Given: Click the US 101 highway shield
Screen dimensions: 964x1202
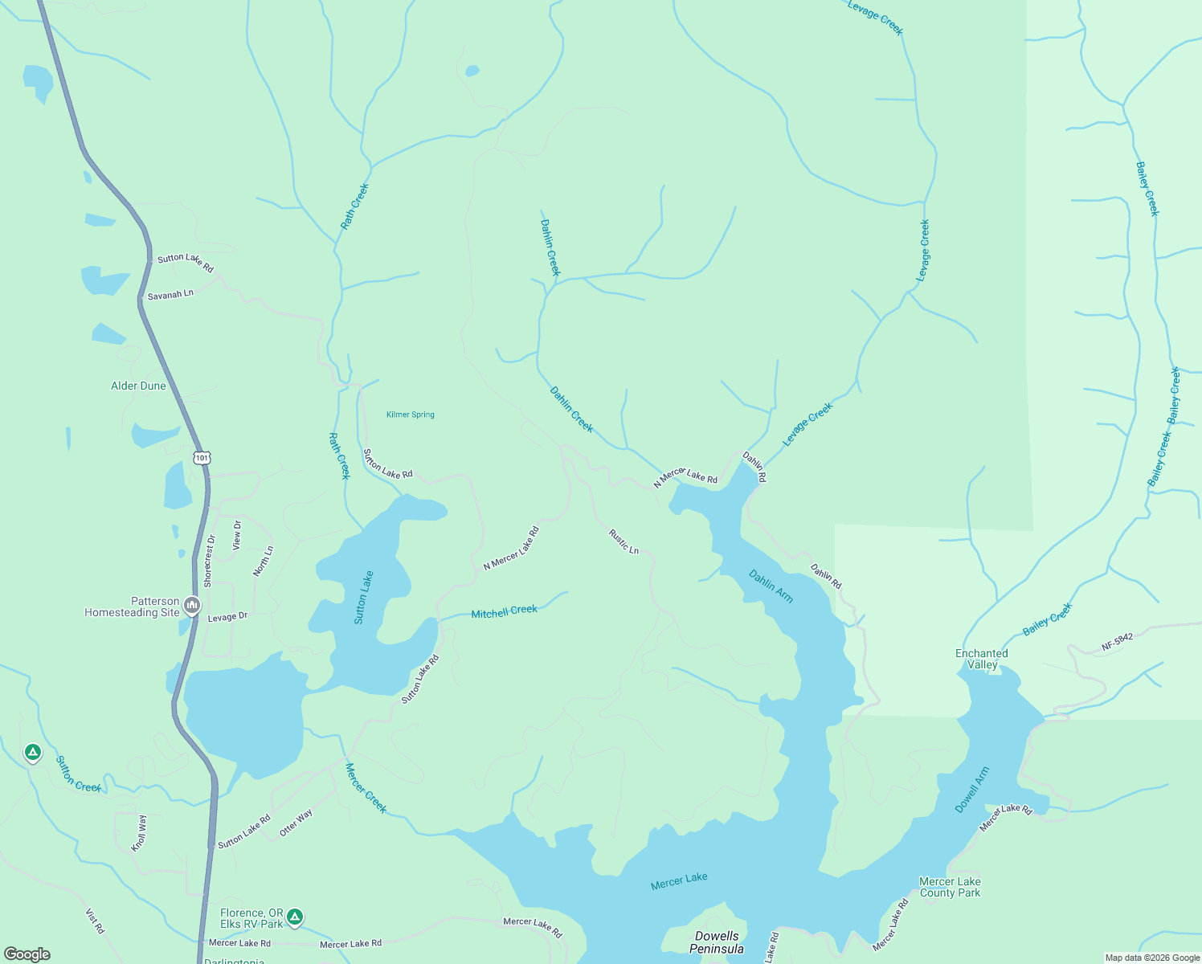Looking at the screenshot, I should coord(202,458).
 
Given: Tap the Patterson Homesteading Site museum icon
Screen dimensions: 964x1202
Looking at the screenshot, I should coord(191,605).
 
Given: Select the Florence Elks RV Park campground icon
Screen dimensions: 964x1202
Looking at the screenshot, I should coord(295,917).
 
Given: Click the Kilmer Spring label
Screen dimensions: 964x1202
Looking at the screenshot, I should coord(410,415).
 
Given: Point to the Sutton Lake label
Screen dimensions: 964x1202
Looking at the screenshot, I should coord(364,597).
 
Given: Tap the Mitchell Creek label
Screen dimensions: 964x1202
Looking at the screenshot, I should coord(504,612).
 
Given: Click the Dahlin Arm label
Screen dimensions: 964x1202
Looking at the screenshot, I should coord(771,586).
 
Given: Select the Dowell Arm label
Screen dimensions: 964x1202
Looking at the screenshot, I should coord(972,790).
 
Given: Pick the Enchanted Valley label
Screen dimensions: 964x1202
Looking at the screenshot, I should coord(981,659).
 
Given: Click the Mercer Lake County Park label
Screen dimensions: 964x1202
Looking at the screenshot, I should coord(950,887).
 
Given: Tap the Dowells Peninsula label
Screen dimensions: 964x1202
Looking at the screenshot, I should coord(717,942).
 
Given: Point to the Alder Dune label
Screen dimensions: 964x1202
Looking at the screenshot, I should coord(138,386).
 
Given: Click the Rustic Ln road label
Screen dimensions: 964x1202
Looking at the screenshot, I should coord(623,541).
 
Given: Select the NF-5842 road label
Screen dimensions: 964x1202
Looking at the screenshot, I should coord(1117,641).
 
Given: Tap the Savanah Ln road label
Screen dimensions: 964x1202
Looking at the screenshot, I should coord(170,295).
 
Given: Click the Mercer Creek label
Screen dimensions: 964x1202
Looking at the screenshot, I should coord(366,787).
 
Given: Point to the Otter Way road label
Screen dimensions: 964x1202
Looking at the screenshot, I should coord(296,823).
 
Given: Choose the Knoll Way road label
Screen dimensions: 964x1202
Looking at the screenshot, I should coord(140,833).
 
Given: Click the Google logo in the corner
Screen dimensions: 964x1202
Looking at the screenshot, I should coord(27,954).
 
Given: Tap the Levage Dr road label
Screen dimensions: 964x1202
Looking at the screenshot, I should coord(227,617).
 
